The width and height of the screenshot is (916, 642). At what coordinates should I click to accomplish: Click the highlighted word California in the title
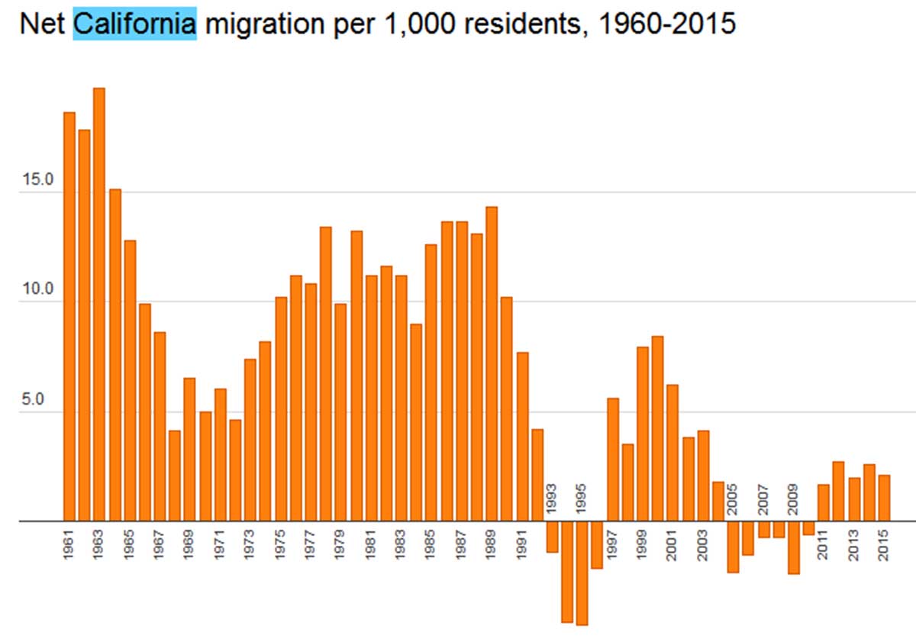(134, 24)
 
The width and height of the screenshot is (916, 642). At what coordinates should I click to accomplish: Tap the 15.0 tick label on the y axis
(37, 181)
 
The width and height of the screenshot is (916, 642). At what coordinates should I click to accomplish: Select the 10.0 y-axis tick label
(37, 290)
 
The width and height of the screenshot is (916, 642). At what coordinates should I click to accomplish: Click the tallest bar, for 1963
(99, 305)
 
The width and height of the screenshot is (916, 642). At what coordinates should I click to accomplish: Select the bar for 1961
(69, 317)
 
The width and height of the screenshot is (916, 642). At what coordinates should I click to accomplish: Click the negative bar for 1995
(582, 573)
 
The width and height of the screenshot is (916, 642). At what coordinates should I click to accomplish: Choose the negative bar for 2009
(793, 547)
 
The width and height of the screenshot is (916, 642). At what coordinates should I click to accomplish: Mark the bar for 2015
(884, 498)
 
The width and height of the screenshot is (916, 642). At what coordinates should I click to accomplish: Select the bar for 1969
(189, 450)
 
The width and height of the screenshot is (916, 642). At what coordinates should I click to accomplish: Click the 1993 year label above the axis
(552, 499)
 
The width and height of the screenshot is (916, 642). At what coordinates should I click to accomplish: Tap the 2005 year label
(733, 499)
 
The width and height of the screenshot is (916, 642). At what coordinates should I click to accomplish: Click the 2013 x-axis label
(853, 544)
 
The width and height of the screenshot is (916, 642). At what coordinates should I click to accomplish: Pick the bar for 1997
(612, 460)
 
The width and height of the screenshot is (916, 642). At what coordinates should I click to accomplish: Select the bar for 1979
(340, 412)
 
